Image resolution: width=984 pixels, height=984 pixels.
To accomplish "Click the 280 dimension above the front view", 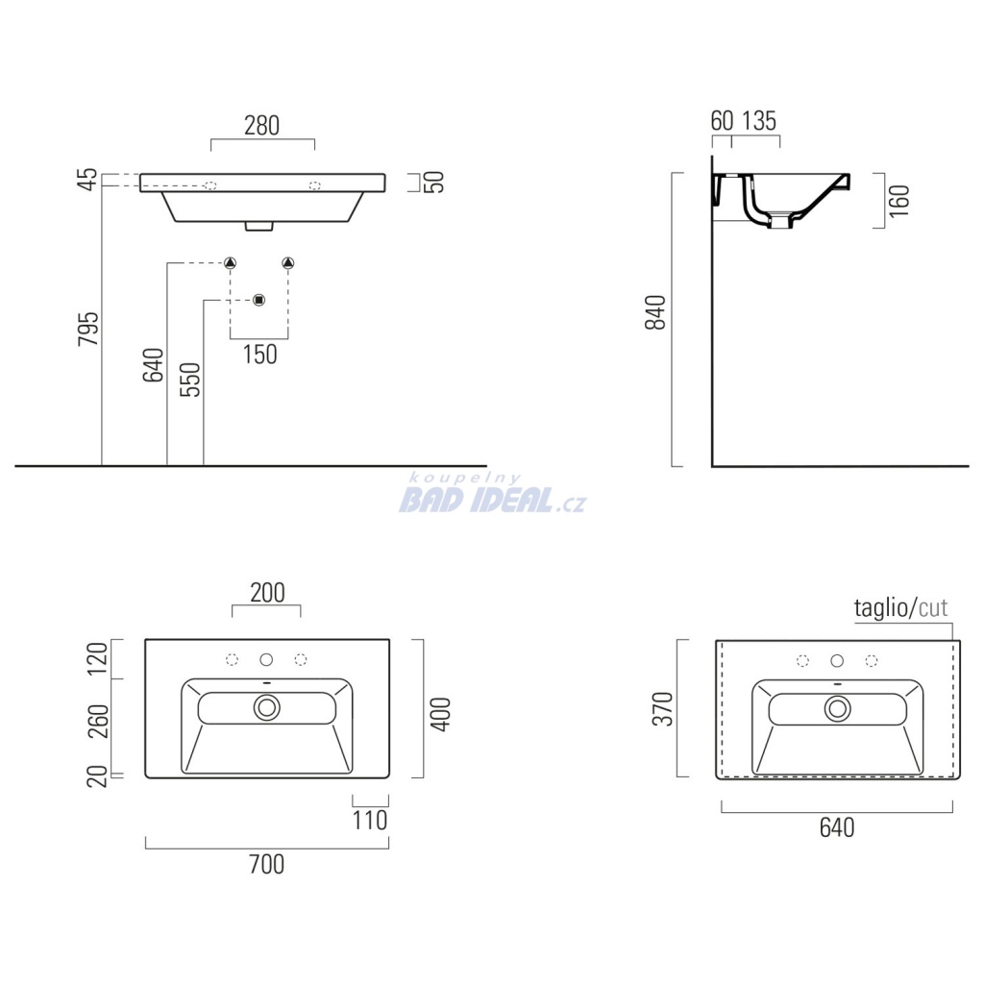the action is coord(261,126).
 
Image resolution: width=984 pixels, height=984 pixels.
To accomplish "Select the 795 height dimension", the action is coord(88,329).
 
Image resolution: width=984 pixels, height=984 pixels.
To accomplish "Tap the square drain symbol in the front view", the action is coord(259,300).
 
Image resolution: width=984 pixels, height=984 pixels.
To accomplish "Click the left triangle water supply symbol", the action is coord(231,263).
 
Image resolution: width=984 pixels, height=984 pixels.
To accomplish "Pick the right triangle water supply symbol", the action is coord(288,263).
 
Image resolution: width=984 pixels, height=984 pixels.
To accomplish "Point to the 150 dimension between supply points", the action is coord(259,355).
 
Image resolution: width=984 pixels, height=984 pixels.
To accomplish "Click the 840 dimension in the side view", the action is coord(655,312).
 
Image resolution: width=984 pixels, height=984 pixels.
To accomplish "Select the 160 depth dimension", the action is coord(899,200).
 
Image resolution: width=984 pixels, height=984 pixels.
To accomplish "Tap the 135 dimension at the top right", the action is coord(759,120).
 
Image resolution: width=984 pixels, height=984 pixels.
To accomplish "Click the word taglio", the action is coord(881,607).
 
